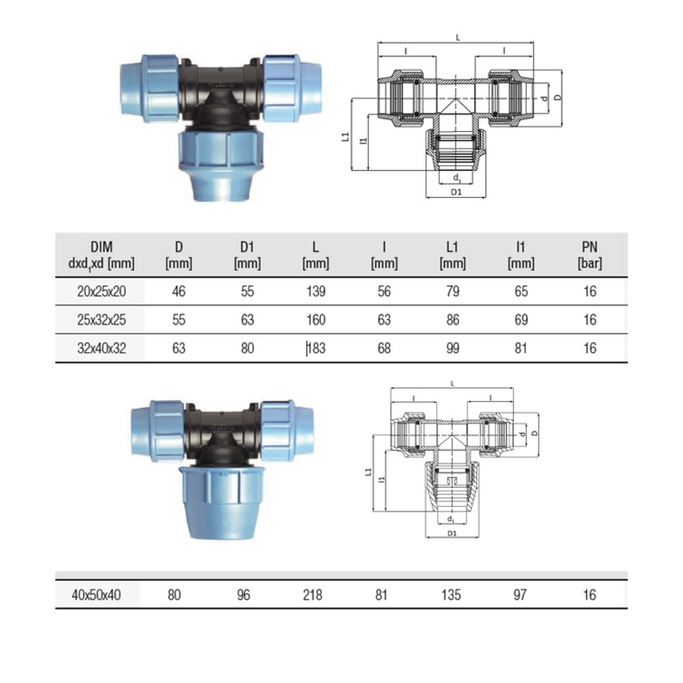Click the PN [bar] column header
pyautogui.click(x=590, y=255)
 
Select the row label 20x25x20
pyautogui.click(x=102, y=291)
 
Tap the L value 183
pyautogui.click(x=316, y=348)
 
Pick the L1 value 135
pyautogui.click(x=451, y=595)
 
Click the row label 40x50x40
pyautogui.click(x=96, y=595)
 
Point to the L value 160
pyautogui.click(x=316, y=320)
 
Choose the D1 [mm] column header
pyautogui.click(x=247, y=255)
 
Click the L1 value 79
pyautogui.click(x=453, y=291)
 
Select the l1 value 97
pyautogui.click(x=520, y=595)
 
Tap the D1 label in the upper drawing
pyautogui.click(x=456, y=192)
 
